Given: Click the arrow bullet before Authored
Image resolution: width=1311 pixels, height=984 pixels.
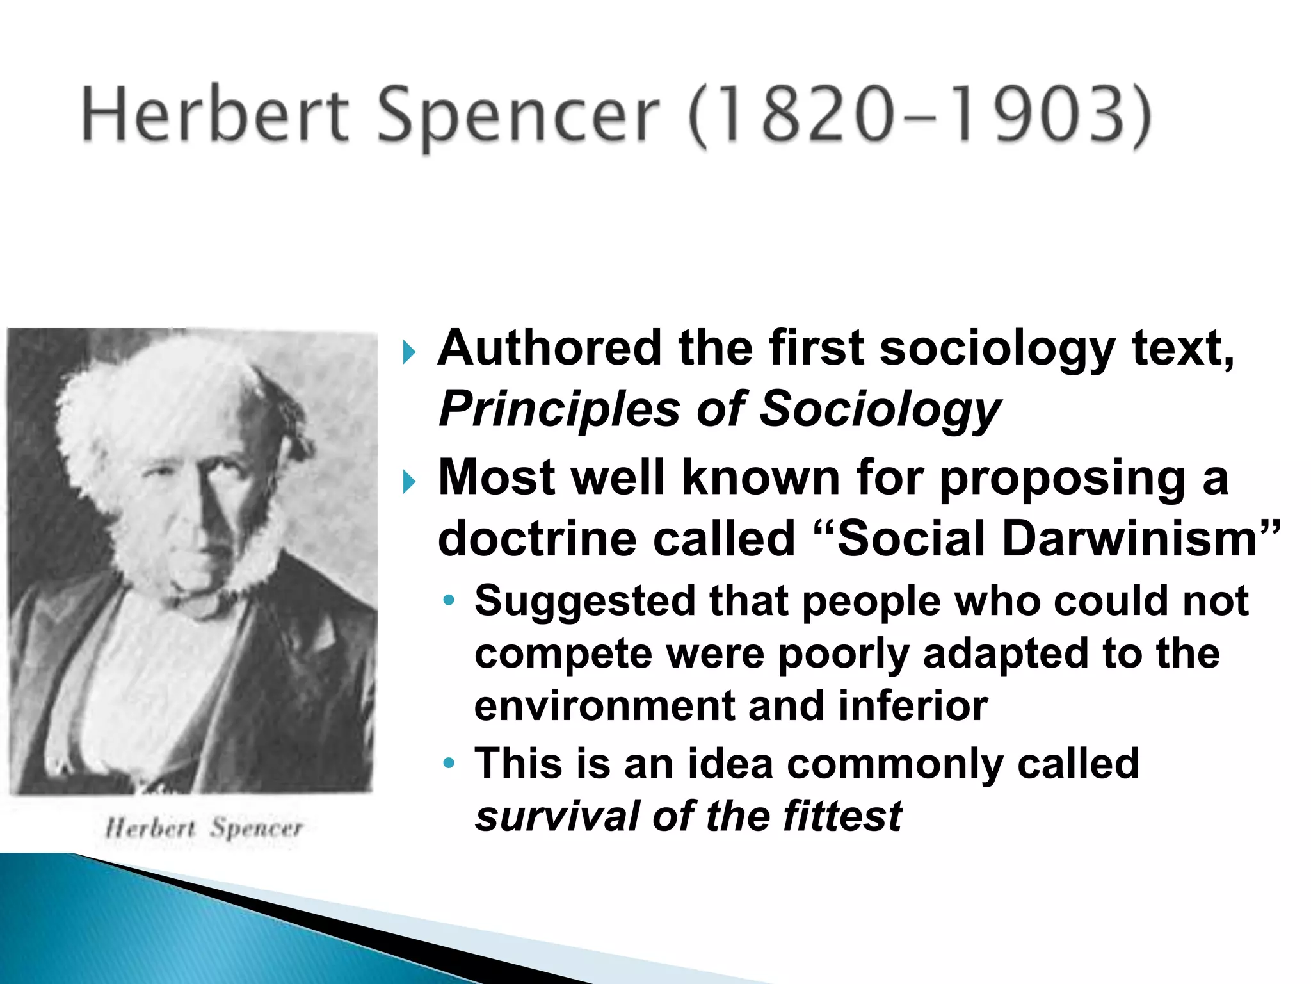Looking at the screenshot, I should (410, 352).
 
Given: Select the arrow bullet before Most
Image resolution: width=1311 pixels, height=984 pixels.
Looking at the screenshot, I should (410, 481).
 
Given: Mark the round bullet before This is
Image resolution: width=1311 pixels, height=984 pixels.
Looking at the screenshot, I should (450, 763).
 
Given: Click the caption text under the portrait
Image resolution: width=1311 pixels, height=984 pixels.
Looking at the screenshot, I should (204, 828).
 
